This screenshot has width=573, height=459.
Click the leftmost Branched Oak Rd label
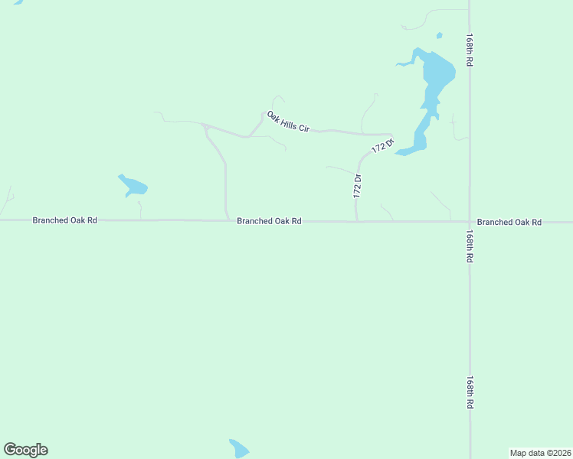(x=64, y=220)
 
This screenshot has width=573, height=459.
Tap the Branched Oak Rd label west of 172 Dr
(x=269, y=221)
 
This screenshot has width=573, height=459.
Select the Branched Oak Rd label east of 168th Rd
(x=509, y=222)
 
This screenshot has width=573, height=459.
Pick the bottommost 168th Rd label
(x=470, y=392)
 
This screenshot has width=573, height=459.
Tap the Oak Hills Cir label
(x=288, y=122)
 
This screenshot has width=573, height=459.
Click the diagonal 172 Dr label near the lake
(x=383, y=145)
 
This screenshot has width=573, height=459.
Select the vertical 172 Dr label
(x=357, y=187)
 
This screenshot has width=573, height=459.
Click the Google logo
(x=25, y=450)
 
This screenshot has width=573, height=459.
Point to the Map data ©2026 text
(x=540, y=453)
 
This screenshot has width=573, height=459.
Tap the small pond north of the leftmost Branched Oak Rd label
(x=133, y=186)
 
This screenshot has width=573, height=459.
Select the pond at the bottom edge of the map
(x=238, y=448)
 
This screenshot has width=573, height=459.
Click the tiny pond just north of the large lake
(x=439, y=35)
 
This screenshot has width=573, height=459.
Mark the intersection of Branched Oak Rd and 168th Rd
(x=470, y=222)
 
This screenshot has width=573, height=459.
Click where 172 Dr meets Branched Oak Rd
(x=357, y=222)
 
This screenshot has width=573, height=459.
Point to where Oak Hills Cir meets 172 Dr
(x=391, y=135)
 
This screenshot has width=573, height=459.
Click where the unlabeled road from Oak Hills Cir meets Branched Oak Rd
(x=228, y=220)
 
